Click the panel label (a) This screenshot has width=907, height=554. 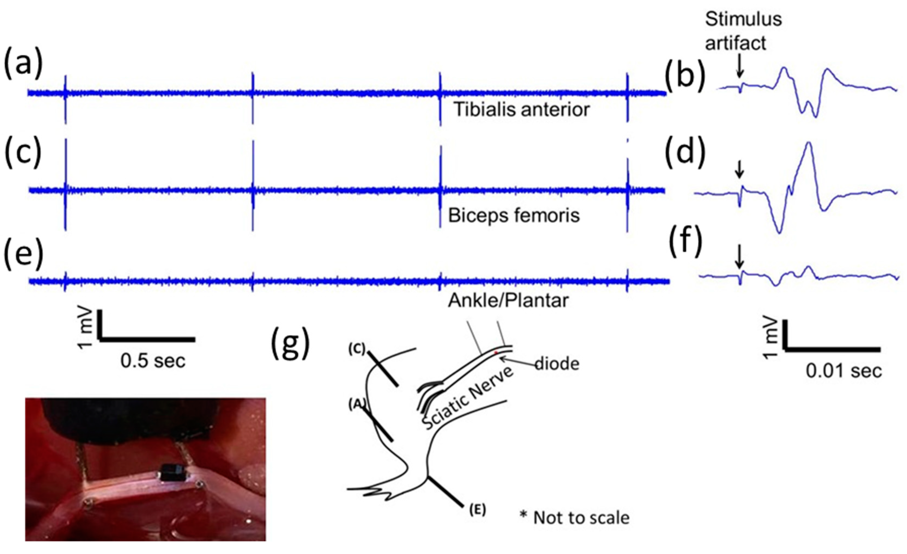pyautogui.click(x=23, y=64)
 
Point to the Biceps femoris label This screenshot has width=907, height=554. pyautogui.click(x=514, y=215)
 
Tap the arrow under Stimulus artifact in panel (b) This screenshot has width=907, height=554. pyautogui.click(x=739, y=68)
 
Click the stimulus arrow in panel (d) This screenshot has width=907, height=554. pyautogui.click(x=739, y=170)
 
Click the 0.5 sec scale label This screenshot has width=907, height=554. pyautogui.click(x=153, y=361)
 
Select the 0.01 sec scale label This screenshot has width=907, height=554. pyautogui.click(x=844, y=371)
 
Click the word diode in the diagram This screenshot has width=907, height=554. pyautogui.click(x=557, y=364)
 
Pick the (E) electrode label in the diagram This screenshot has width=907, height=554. pyautogui.click(x=477, y=510)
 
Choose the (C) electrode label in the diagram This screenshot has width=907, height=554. pyautogui.click(x=356, y=349)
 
